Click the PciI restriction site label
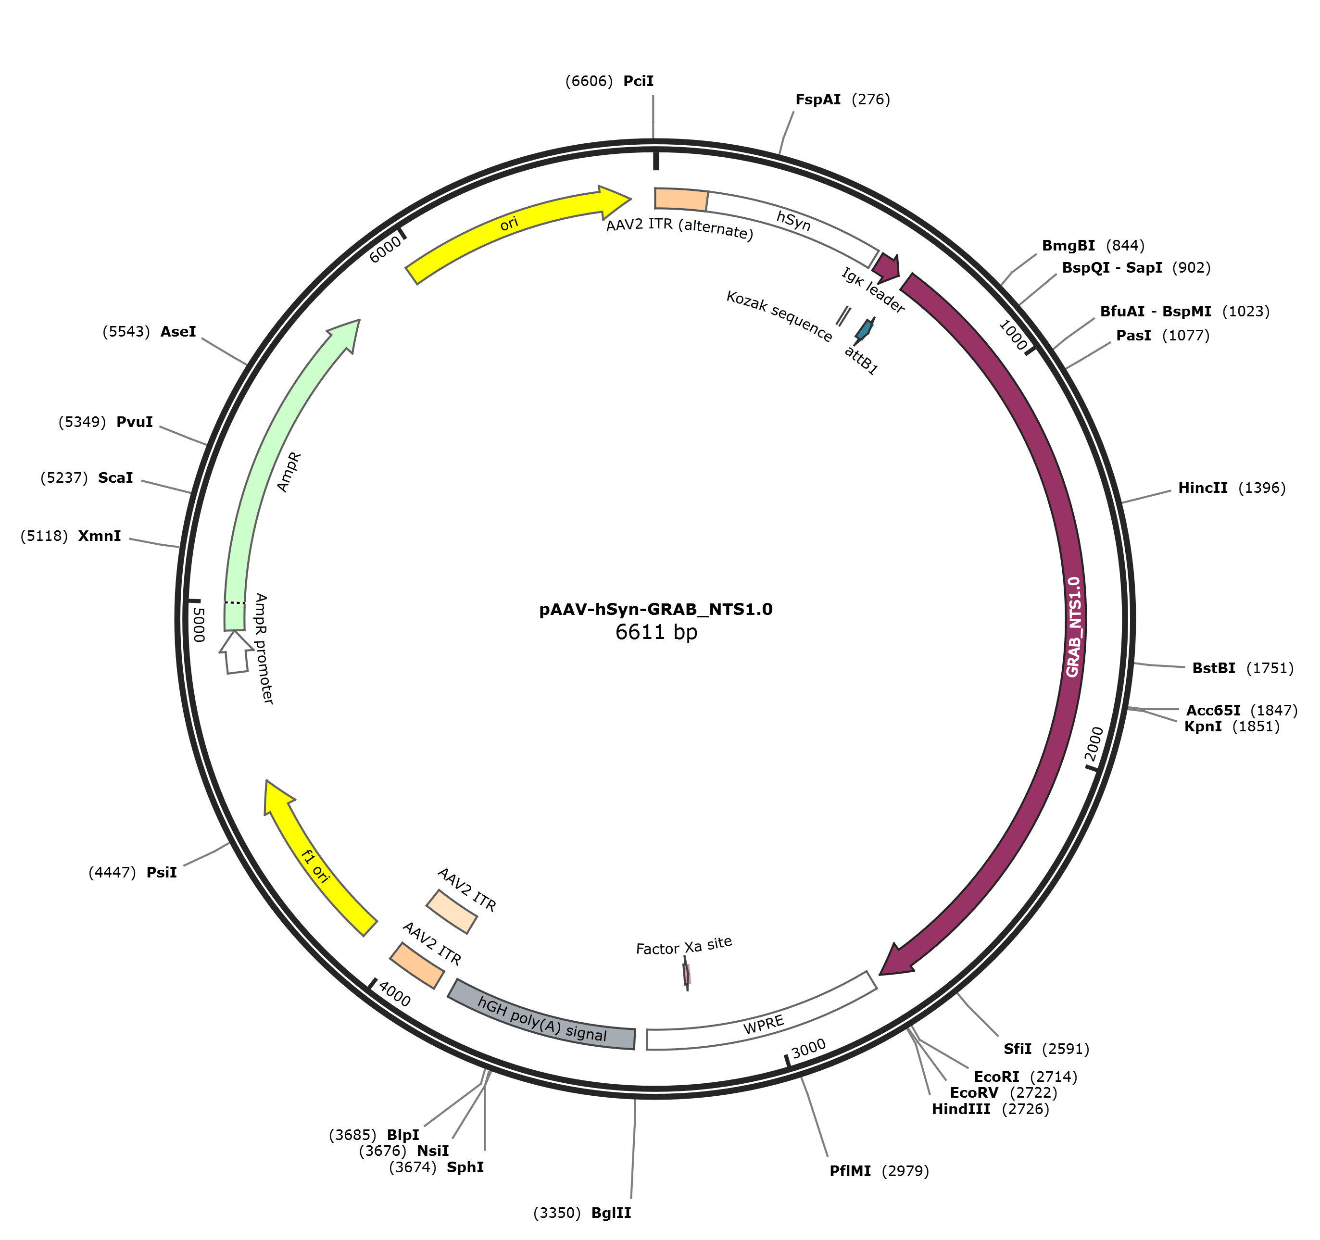[x=638, y=81]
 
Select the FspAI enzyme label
[x=817, y=100]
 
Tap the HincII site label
[x=1203, y=488]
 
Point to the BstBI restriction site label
[x=1213, y=668]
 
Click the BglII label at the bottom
[x=611, y=1213]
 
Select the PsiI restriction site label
[x=162, y=872]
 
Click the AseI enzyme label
[x=178, y=331]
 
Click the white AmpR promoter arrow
[x=236, y=652]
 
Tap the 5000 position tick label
[x=198, y=625]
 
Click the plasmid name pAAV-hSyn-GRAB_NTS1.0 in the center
[x=655, y=609]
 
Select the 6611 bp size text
[x=656, y=631]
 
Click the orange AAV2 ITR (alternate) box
[x=680, y=199]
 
